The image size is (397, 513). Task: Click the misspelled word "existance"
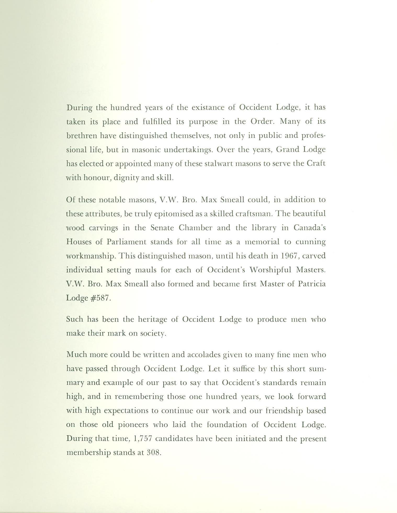coord(208,108)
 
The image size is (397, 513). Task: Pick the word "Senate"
coord(162,228)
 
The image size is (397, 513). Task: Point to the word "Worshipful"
coord(270,270)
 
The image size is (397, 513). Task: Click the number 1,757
coord(143,439)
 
